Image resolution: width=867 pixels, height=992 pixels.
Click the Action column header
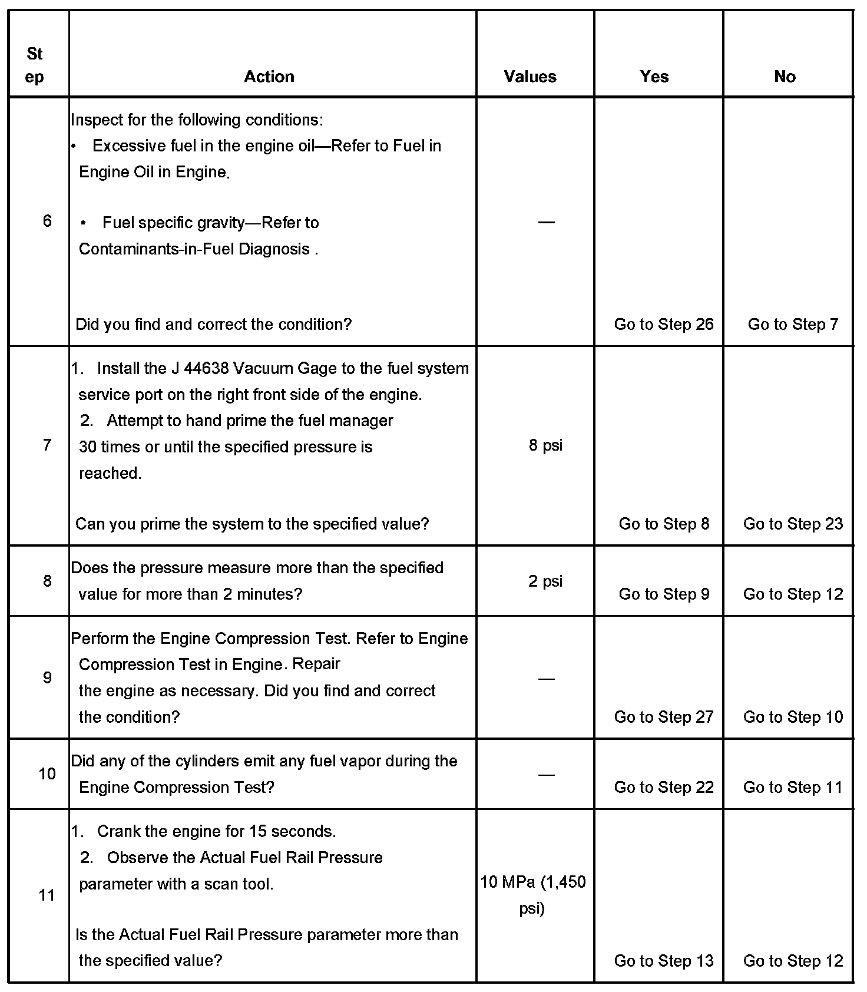tap(269, 77)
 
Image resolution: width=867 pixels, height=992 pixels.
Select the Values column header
tap(530, 77)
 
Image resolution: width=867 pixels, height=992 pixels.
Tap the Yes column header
tap(654, 77)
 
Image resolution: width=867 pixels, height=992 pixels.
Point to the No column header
tap(785, 77)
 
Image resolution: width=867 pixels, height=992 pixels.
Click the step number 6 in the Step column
tap(47, 221)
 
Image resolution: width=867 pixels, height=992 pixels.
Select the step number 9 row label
tap(47, 677)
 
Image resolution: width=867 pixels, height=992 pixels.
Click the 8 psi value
tap(545, 445)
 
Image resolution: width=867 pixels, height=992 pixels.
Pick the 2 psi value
tap(545, 581)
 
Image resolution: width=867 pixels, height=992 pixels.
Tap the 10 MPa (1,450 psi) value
tap(533, 895)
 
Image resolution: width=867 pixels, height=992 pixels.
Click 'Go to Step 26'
tap(664, 324)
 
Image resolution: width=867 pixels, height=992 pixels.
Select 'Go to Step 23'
tap(793, 524)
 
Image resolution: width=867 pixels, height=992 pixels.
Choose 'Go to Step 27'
tap(664, 717)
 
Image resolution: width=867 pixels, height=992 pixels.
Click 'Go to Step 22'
tap(664, 787)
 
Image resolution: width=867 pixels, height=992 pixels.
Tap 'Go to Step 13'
tap(664, 961)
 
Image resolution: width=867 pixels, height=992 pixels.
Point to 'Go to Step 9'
tap(664, 594)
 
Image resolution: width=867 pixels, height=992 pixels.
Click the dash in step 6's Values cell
tap(546, 222)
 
